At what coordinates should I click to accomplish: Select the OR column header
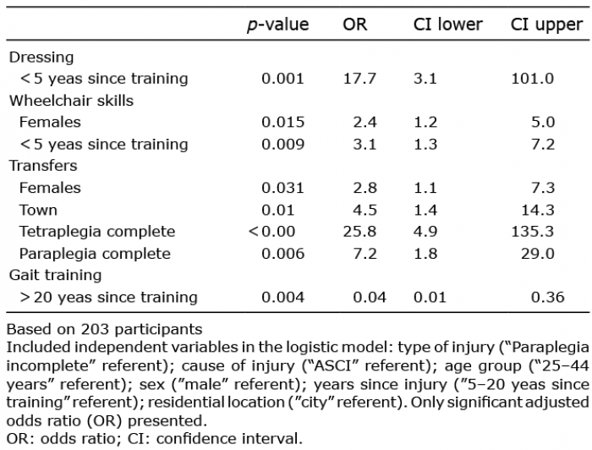tap(355, 25)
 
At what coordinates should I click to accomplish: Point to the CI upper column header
tap(546, 25)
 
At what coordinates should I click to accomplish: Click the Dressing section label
tap(41, 58)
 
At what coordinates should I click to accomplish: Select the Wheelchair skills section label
tap(71, 101)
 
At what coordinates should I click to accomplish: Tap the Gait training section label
tap(55, 275)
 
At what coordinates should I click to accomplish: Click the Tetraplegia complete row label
tap(98, 231)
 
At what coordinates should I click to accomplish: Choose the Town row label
tap(39, 210)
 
